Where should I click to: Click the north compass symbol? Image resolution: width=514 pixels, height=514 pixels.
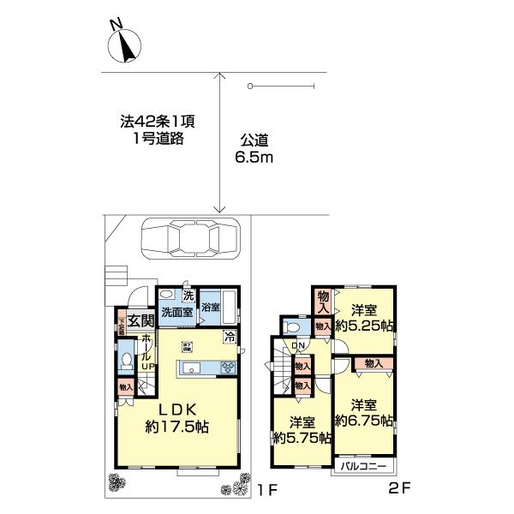126,45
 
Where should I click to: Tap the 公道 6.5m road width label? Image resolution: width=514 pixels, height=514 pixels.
254,150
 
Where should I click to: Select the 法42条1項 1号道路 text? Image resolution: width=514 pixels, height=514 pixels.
152,129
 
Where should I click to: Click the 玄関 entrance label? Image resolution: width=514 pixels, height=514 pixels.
142,321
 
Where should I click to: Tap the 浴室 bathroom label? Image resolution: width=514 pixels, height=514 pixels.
211,306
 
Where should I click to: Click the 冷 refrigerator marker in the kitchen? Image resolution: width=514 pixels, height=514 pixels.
229,337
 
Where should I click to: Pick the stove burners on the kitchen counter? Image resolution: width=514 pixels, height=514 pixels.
230,368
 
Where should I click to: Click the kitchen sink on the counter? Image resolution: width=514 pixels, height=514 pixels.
191,369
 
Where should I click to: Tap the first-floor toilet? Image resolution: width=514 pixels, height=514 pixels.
126,362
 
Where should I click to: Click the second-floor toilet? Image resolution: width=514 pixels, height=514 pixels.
292,327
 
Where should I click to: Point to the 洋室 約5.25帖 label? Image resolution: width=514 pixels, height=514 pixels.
364,317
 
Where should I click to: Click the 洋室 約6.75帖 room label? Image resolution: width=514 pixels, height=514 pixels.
364,413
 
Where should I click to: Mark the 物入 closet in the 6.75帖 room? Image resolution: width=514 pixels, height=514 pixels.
373,364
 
